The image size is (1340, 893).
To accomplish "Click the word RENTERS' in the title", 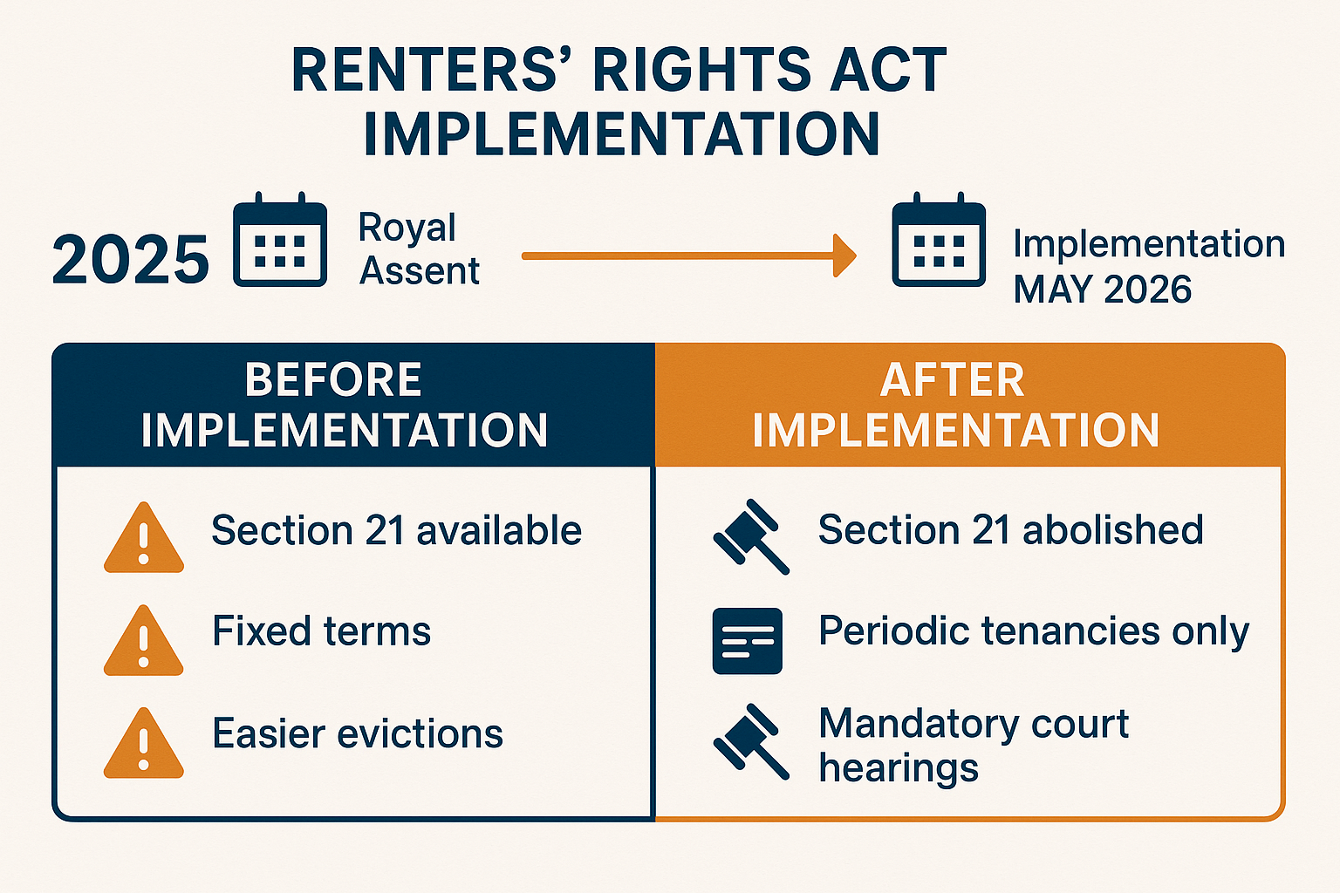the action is coord(433,70).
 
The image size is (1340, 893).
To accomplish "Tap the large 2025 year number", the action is coord(130,260).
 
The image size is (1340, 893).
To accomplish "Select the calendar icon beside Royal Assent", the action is coord(280,239).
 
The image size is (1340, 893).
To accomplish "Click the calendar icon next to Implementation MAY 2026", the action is coord(939,239).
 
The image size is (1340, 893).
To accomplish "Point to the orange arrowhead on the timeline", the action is coord(844,256).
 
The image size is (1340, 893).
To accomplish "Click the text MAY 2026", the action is coord(1103,290).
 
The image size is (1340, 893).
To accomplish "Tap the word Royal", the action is coord(407,228).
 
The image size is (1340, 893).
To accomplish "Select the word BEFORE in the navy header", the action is coord(333,380).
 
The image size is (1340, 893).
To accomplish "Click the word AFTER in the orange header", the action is coord(953,380).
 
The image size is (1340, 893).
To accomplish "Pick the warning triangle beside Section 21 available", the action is coord(144,538).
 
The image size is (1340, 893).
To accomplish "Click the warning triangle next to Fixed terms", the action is coord(144,641).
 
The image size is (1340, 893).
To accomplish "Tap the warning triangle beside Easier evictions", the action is coord(144,744).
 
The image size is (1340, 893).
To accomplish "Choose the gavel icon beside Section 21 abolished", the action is coord(751,536).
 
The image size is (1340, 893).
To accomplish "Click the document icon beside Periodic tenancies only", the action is coord(748,641).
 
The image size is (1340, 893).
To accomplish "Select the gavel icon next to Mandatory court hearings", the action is coord(751,741).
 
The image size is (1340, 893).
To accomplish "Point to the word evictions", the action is coord(420,733).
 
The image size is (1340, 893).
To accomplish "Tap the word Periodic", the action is coord(893,631).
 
